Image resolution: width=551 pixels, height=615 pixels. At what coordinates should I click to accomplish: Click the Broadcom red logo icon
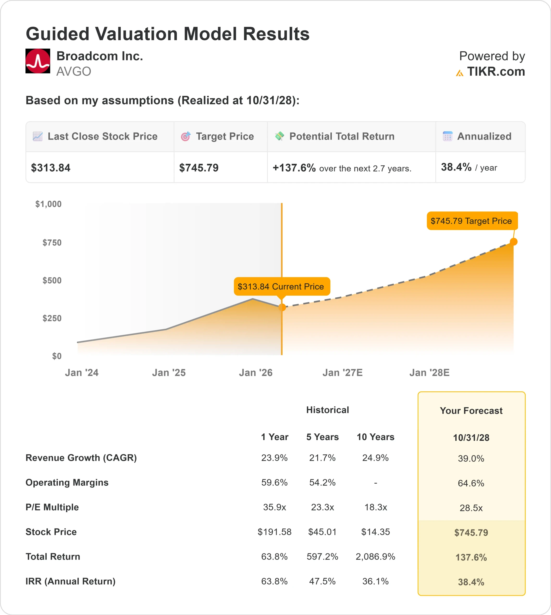37,61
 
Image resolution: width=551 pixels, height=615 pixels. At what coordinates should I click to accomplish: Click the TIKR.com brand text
495,72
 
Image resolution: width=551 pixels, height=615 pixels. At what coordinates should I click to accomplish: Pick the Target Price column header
225,136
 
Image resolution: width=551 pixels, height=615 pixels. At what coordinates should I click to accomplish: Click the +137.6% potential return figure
294,168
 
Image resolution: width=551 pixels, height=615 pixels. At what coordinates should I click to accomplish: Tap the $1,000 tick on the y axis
49,204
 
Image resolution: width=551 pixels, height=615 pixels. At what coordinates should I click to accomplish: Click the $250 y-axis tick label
52,318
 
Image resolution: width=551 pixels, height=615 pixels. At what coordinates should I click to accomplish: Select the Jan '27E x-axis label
342,373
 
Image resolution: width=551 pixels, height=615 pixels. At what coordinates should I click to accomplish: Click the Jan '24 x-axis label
82,373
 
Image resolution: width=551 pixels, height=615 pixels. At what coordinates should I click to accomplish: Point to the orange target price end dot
514,241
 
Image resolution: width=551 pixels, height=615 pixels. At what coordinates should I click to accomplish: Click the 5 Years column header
322,437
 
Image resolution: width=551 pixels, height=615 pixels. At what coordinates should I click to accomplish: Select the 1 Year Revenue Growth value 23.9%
274,458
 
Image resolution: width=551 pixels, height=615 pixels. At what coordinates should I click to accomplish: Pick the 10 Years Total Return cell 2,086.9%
375,557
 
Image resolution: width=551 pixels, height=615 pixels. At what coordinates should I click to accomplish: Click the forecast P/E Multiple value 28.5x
471,508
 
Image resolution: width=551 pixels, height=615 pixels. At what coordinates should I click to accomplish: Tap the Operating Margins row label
67,482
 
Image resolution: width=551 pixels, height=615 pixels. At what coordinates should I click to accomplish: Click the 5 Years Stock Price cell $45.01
322,532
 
